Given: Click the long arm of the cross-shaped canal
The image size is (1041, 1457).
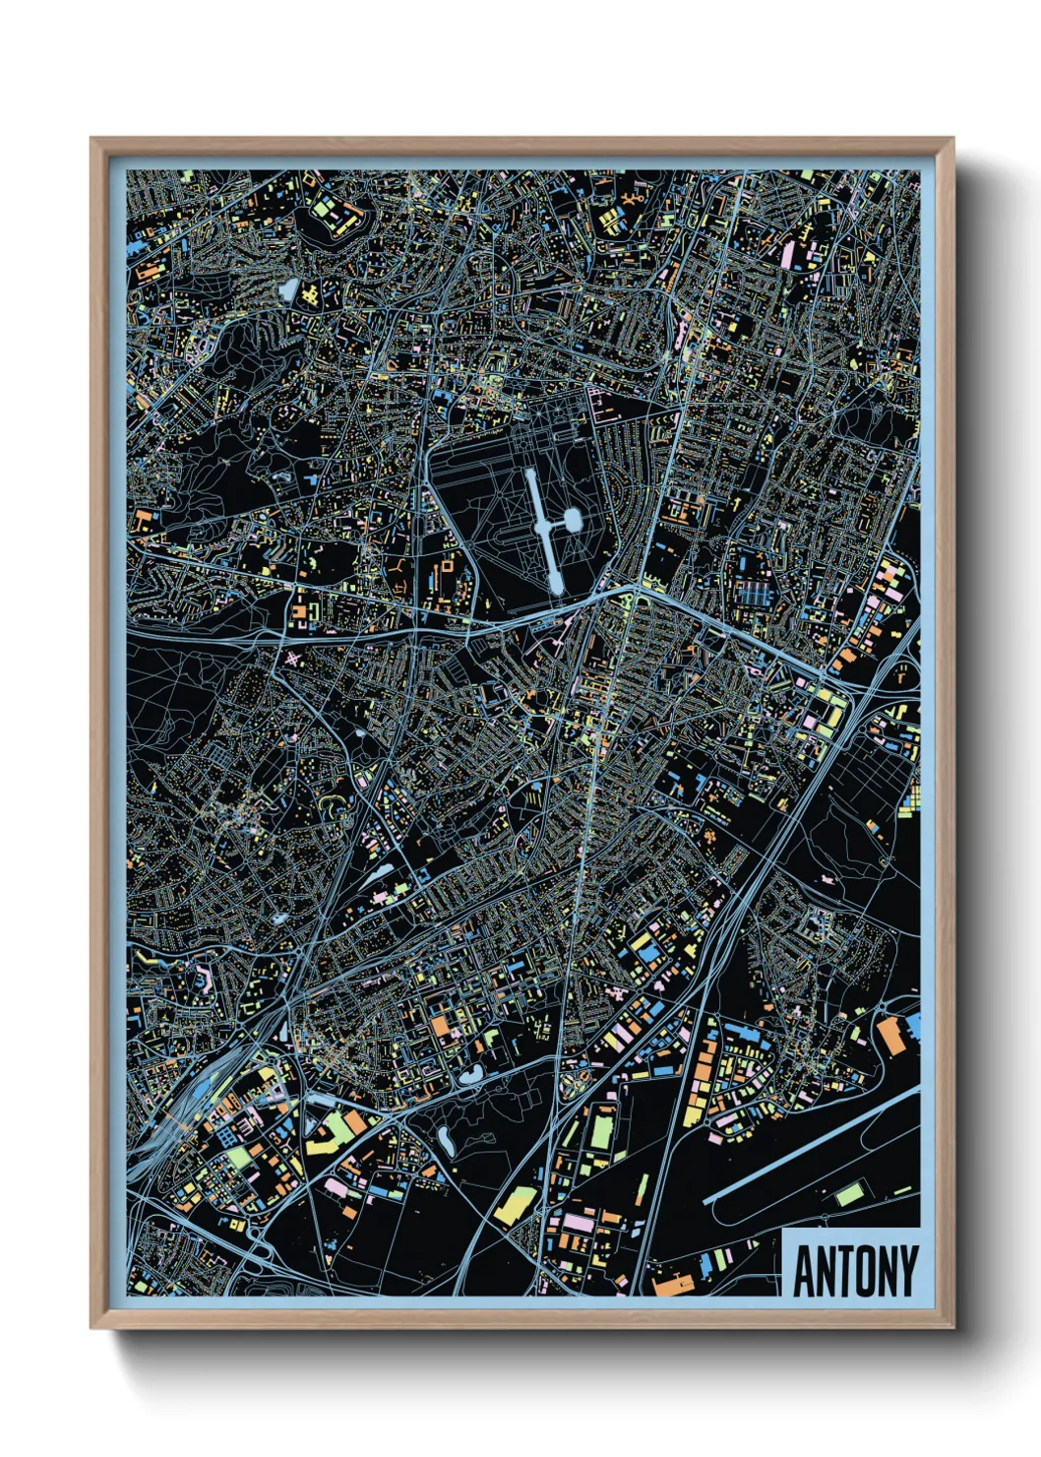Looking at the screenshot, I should pyautogui.click(x=543, y=532).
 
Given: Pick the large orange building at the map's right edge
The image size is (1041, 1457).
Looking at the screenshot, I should pyautogui.click(x=889, y=1036).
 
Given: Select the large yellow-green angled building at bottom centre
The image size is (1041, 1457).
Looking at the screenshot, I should pyautogui.click(x=515, y=1205).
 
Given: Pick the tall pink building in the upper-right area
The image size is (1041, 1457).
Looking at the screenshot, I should pyautogui.click(x=787, y=254).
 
